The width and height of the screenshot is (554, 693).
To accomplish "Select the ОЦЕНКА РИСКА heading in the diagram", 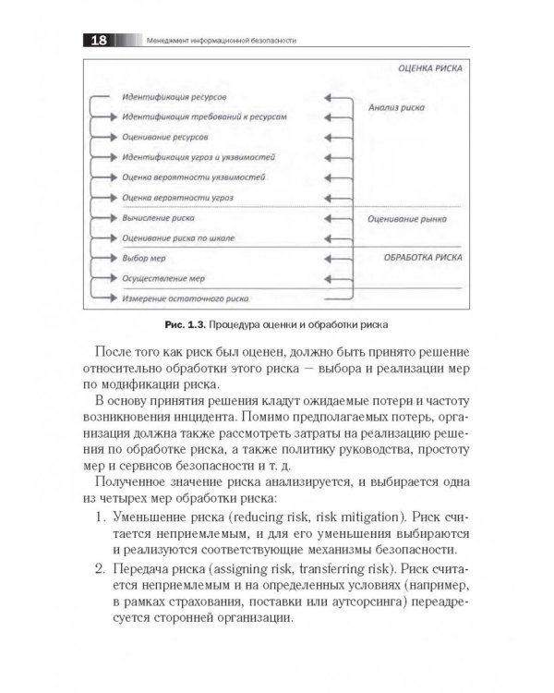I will tap(429, 68).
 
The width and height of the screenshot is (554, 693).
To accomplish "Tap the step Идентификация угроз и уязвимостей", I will tap(198, 157).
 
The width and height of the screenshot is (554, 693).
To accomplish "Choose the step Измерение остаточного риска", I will tap(184, 299).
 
